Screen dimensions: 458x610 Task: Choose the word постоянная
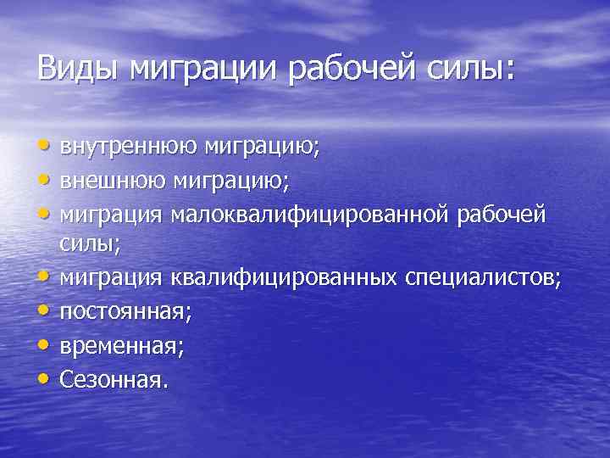point(125,310)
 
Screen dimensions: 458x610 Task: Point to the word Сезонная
point(114,377)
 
